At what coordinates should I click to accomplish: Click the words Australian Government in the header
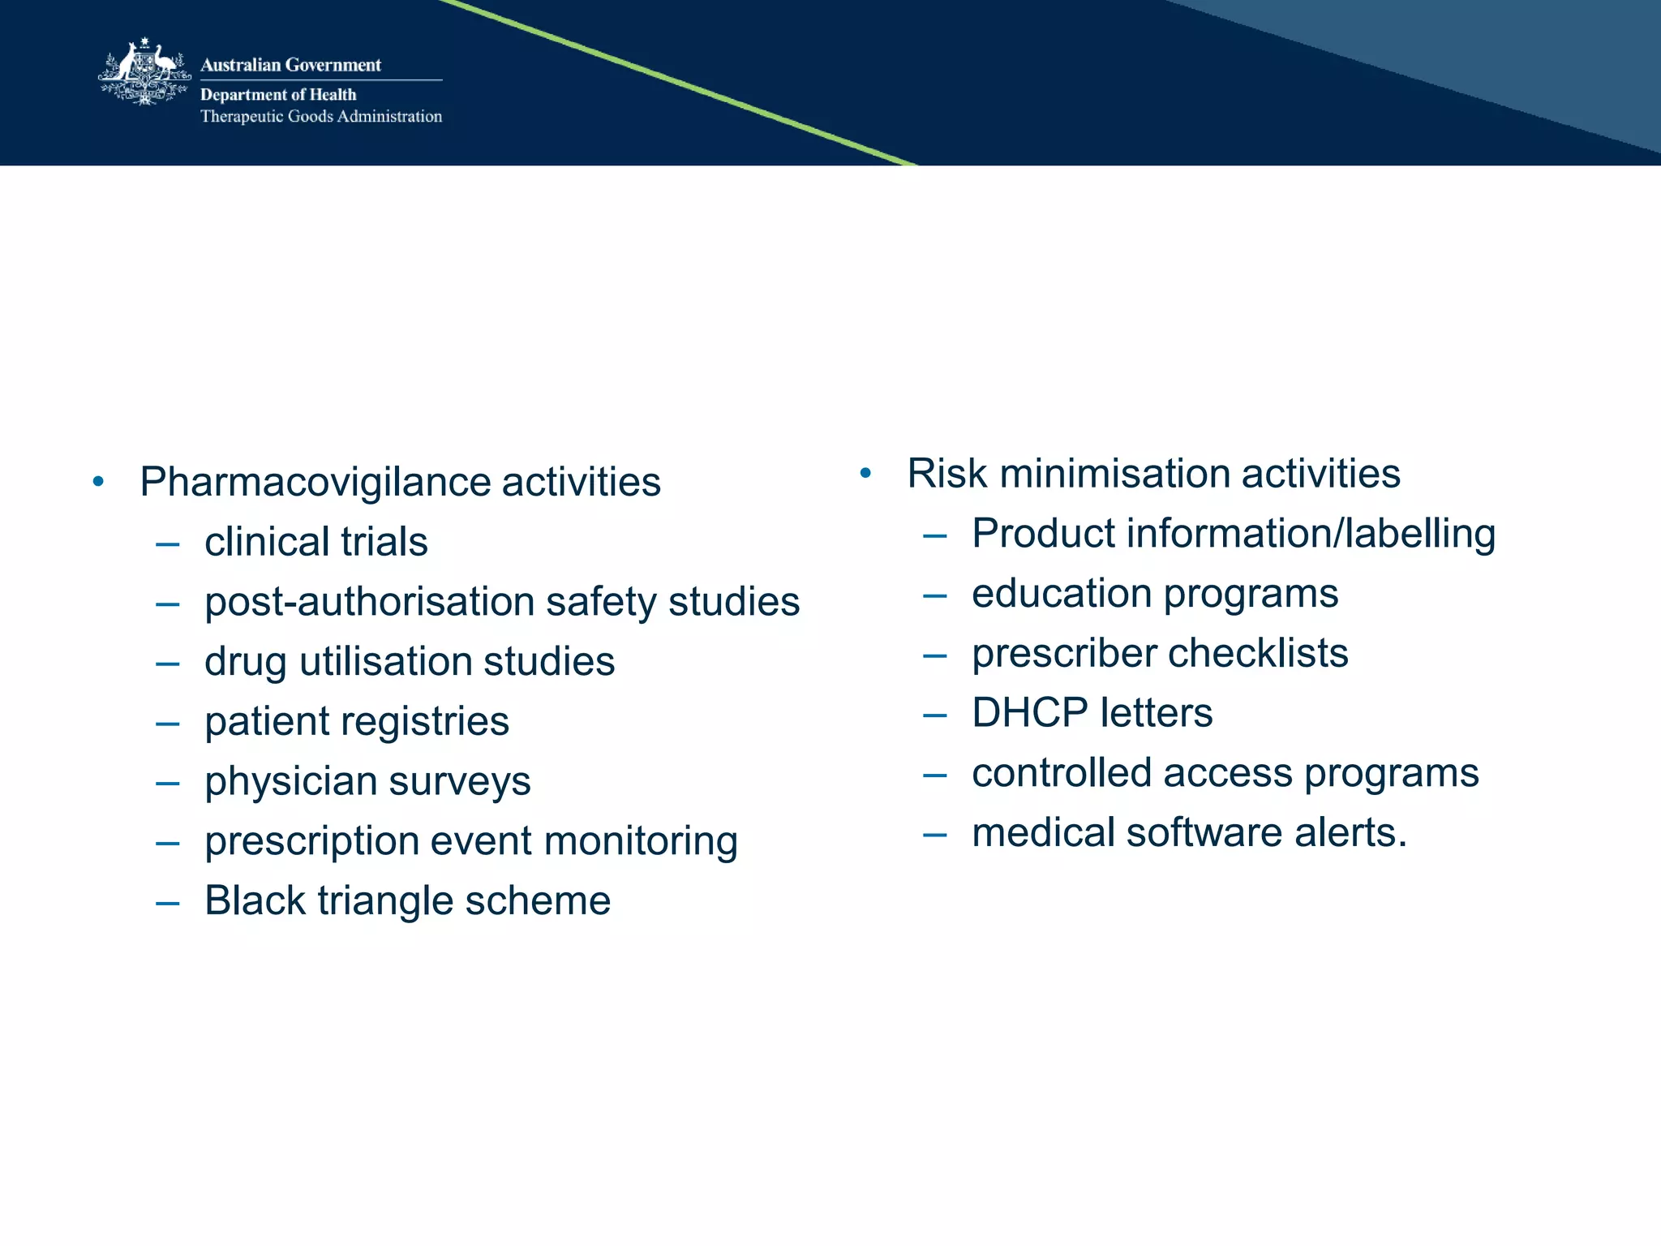pos(290,65)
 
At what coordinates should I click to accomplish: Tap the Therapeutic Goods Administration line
pos(321,116)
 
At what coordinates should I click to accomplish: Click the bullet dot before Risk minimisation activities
pos(865,473)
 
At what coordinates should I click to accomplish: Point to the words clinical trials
pos(315,542)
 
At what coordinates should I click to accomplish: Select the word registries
pos(427,721)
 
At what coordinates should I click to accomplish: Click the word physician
pos(290,781)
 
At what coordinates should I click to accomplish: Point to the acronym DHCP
pos(1030,713)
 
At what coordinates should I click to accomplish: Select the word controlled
pos(1061,773)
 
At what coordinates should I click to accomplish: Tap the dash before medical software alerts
pos(935,834)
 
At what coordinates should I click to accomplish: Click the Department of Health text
pos(278,95)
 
